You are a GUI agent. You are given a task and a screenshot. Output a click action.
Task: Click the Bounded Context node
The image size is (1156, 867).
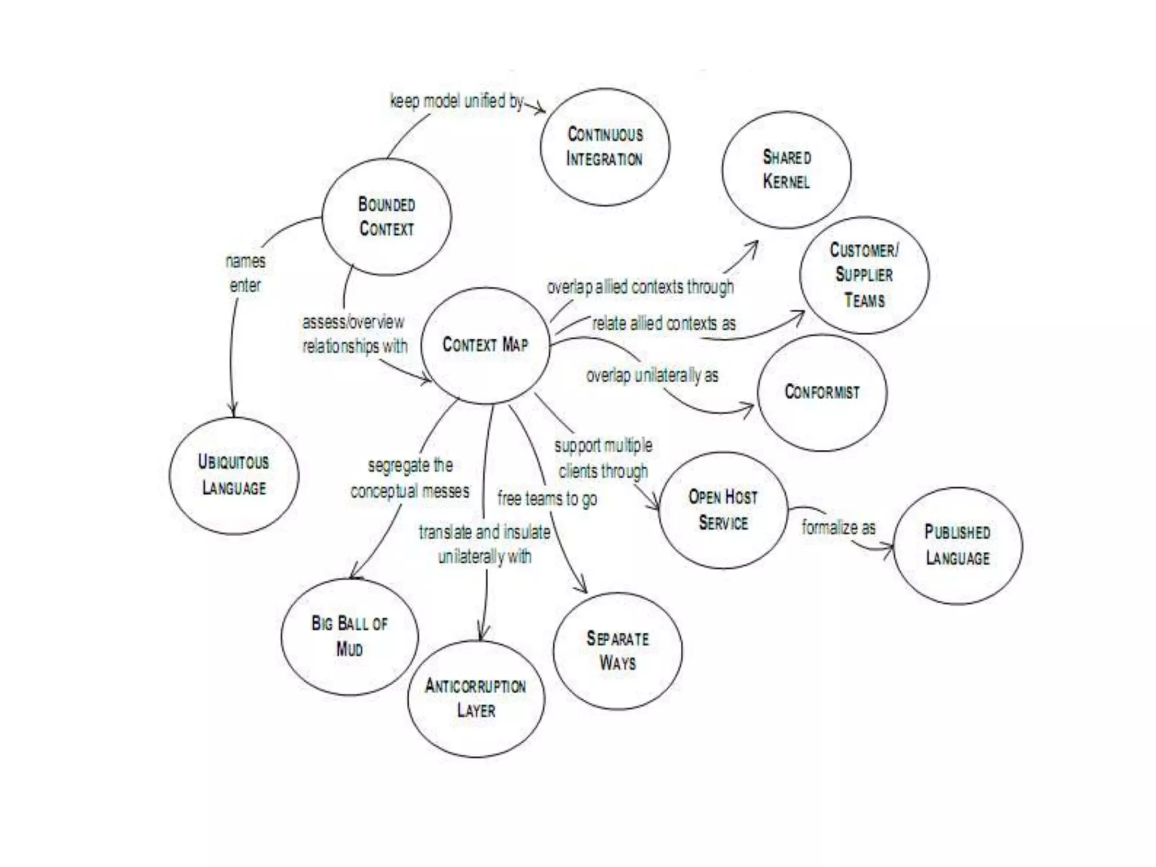coord(387,217)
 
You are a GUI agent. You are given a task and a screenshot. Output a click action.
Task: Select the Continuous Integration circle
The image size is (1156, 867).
coord(605,147)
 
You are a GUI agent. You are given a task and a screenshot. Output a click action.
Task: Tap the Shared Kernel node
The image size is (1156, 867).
coord(786,170)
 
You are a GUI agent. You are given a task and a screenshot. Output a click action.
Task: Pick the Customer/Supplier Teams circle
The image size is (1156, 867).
coord(864,275)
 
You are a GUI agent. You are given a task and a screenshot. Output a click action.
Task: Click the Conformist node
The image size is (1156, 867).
coord(822,392)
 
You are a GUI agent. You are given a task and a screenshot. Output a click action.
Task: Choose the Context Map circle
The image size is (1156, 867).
coord(485,345)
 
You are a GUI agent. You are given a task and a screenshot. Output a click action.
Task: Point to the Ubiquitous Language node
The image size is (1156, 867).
coord(234,475)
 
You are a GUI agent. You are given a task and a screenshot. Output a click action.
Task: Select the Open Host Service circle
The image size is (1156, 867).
coord(723,510)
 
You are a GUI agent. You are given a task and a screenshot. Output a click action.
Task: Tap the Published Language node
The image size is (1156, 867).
coord(957,545)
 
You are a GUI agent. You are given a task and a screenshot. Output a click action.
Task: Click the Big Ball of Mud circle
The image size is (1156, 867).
coord(349,636)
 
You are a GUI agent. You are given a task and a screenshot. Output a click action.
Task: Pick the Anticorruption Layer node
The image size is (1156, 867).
coord(476,698)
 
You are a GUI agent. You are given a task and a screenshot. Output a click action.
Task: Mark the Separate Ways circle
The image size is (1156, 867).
coord(618,650)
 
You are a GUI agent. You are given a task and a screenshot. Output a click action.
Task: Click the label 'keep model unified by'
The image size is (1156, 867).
coord(457,102)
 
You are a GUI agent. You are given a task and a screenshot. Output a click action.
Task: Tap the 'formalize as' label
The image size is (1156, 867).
coord(838,528)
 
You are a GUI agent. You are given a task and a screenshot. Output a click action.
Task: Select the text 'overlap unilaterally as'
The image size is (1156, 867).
coord(652,376)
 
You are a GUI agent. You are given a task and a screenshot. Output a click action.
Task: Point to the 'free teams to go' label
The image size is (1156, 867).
coord(547,499)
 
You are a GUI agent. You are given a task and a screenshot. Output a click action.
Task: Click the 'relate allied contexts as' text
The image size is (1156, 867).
coord(664,324)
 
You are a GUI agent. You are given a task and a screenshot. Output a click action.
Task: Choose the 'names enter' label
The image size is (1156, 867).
coord(245,273)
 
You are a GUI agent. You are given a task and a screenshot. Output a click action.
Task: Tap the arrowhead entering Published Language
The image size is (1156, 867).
coord(890,548)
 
